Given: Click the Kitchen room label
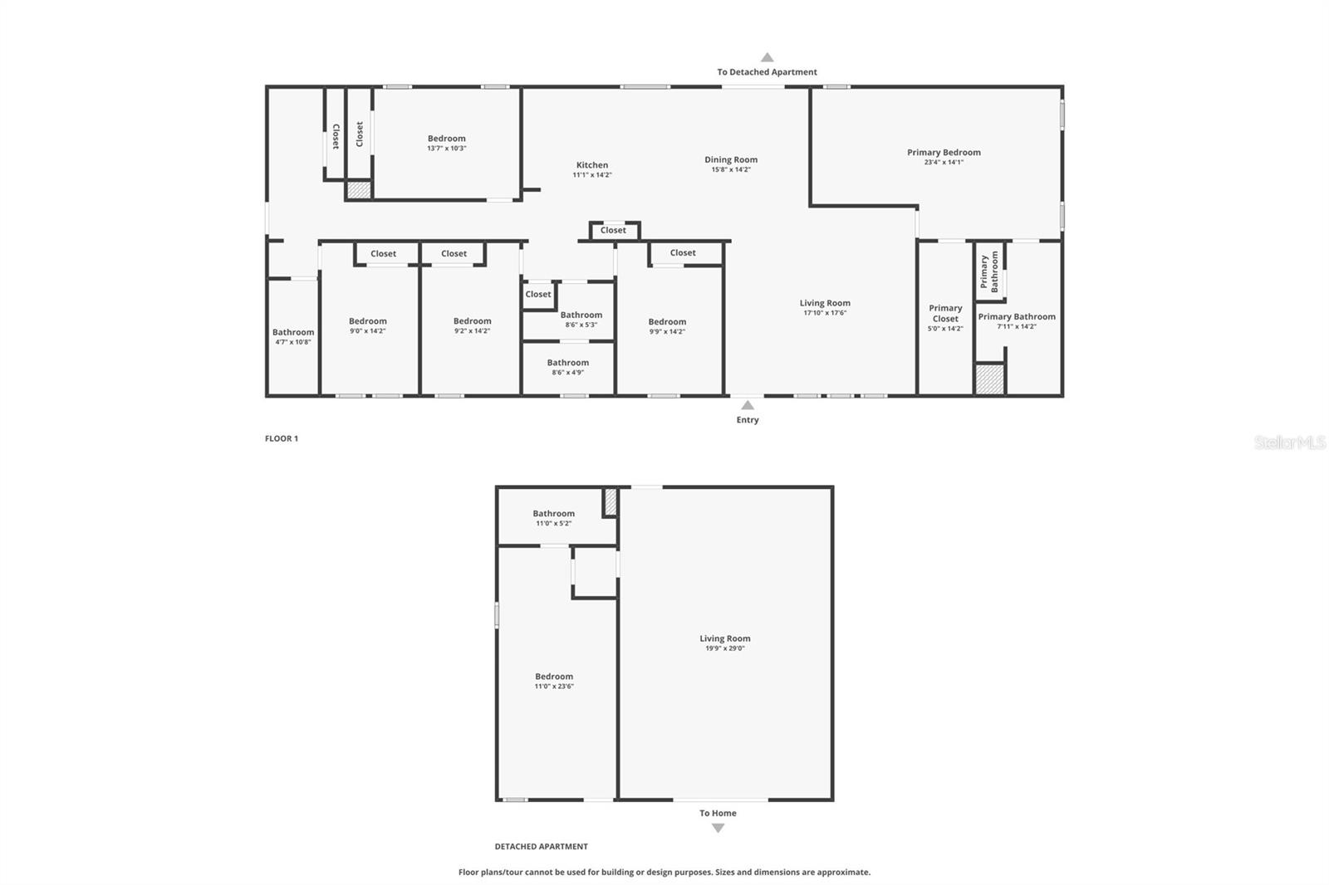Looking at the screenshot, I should point(592,165).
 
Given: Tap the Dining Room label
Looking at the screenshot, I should point(731,160).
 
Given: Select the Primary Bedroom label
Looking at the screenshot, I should point(944,153).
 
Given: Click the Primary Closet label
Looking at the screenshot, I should point(945,313).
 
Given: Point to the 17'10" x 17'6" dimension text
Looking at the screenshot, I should point(825,313).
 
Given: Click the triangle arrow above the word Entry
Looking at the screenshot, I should point(748,405).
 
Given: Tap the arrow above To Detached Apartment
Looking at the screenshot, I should point(767,57).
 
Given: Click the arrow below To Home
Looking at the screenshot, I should point(718,828).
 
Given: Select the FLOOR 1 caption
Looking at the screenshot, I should point(282,438).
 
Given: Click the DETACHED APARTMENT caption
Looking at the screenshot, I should point(541,847).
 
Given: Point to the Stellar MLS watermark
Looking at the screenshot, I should point(1289,442).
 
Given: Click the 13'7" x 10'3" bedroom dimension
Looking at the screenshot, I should point(447,149).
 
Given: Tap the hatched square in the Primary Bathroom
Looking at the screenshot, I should point(988,379).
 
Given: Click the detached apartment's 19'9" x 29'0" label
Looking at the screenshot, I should point(725,648).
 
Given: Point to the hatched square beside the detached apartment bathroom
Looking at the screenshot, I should point(611,501).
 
